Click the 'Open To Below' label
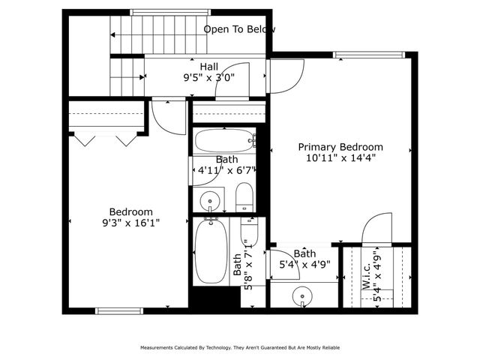pyautogui.click(x=239, y=29)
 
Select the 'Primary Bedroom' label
pyautogui.click(x=340, y=147)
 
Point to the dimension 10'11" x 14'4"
pyautogui.click(x=340, y=158)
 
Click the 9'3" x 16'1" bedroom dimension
pyautogui.click(x=131, y=223)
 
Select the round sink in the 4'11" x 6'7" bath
pyautogui.click(x=209, y=200)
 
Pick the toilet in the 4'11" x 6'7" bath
pyautogui.click(x=245, y=198)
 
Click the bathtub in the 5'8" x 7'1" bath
pyautogui.click(x=207, y=252)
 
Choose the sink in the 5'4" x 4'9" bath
pyautogui.click(x=304, y=295)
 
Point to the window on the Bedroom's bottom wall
pyautogui.click(x=119, y=310)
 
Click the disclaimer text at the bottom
pyautogui.click(x=239, y=348)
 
